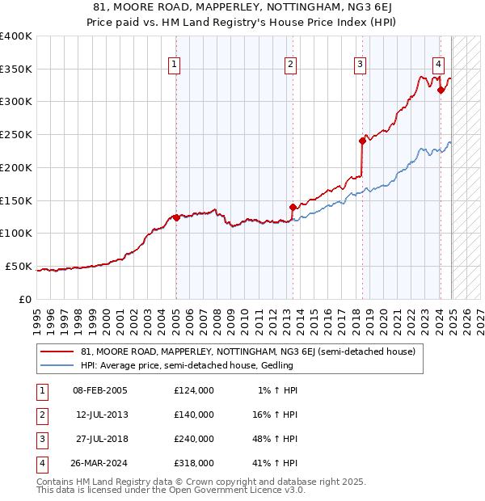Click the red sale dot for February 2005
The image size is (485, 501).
(176, 217)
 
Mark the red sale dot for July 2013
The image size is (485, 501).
(293, 207)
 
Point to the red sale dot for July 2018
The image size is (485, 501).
(362, 141)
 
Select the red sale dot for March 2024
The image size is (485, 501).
(441, 90)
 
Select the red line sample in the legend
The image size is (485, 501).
(57, 352)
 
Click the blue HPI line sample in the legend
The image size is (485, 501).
(57, 366)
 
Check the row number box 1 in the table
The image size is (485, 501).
(41, 390)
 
